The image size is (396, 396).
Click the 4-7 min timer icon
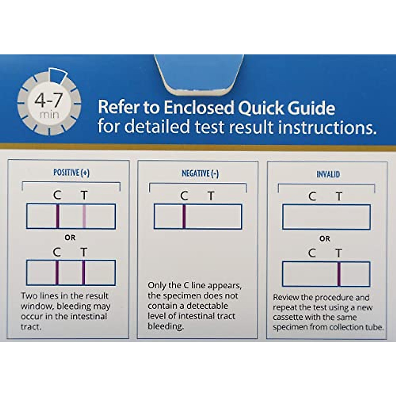49,102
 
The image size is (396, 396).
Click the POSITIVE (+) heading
71,173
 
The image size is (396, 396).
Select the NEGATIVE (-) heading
200,174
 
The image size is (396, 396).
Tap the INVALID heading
328,174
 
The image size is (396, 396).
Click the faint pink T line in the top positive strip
84,216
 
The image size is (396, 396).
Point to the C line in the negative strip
184,216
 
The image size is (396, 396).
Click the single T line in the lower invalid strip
339,274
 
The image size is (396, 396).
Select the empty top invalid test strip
326,217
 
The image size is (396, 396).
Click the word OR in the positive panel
70,238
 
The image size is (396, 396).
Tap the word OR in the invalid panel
324,239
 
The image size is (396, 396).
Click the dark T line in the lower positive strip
83,273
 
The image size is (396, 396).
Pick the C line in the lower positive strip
57,273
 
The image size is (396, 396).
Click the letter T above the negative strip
211,196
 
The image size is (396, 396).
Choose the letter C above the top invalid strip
312,197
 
